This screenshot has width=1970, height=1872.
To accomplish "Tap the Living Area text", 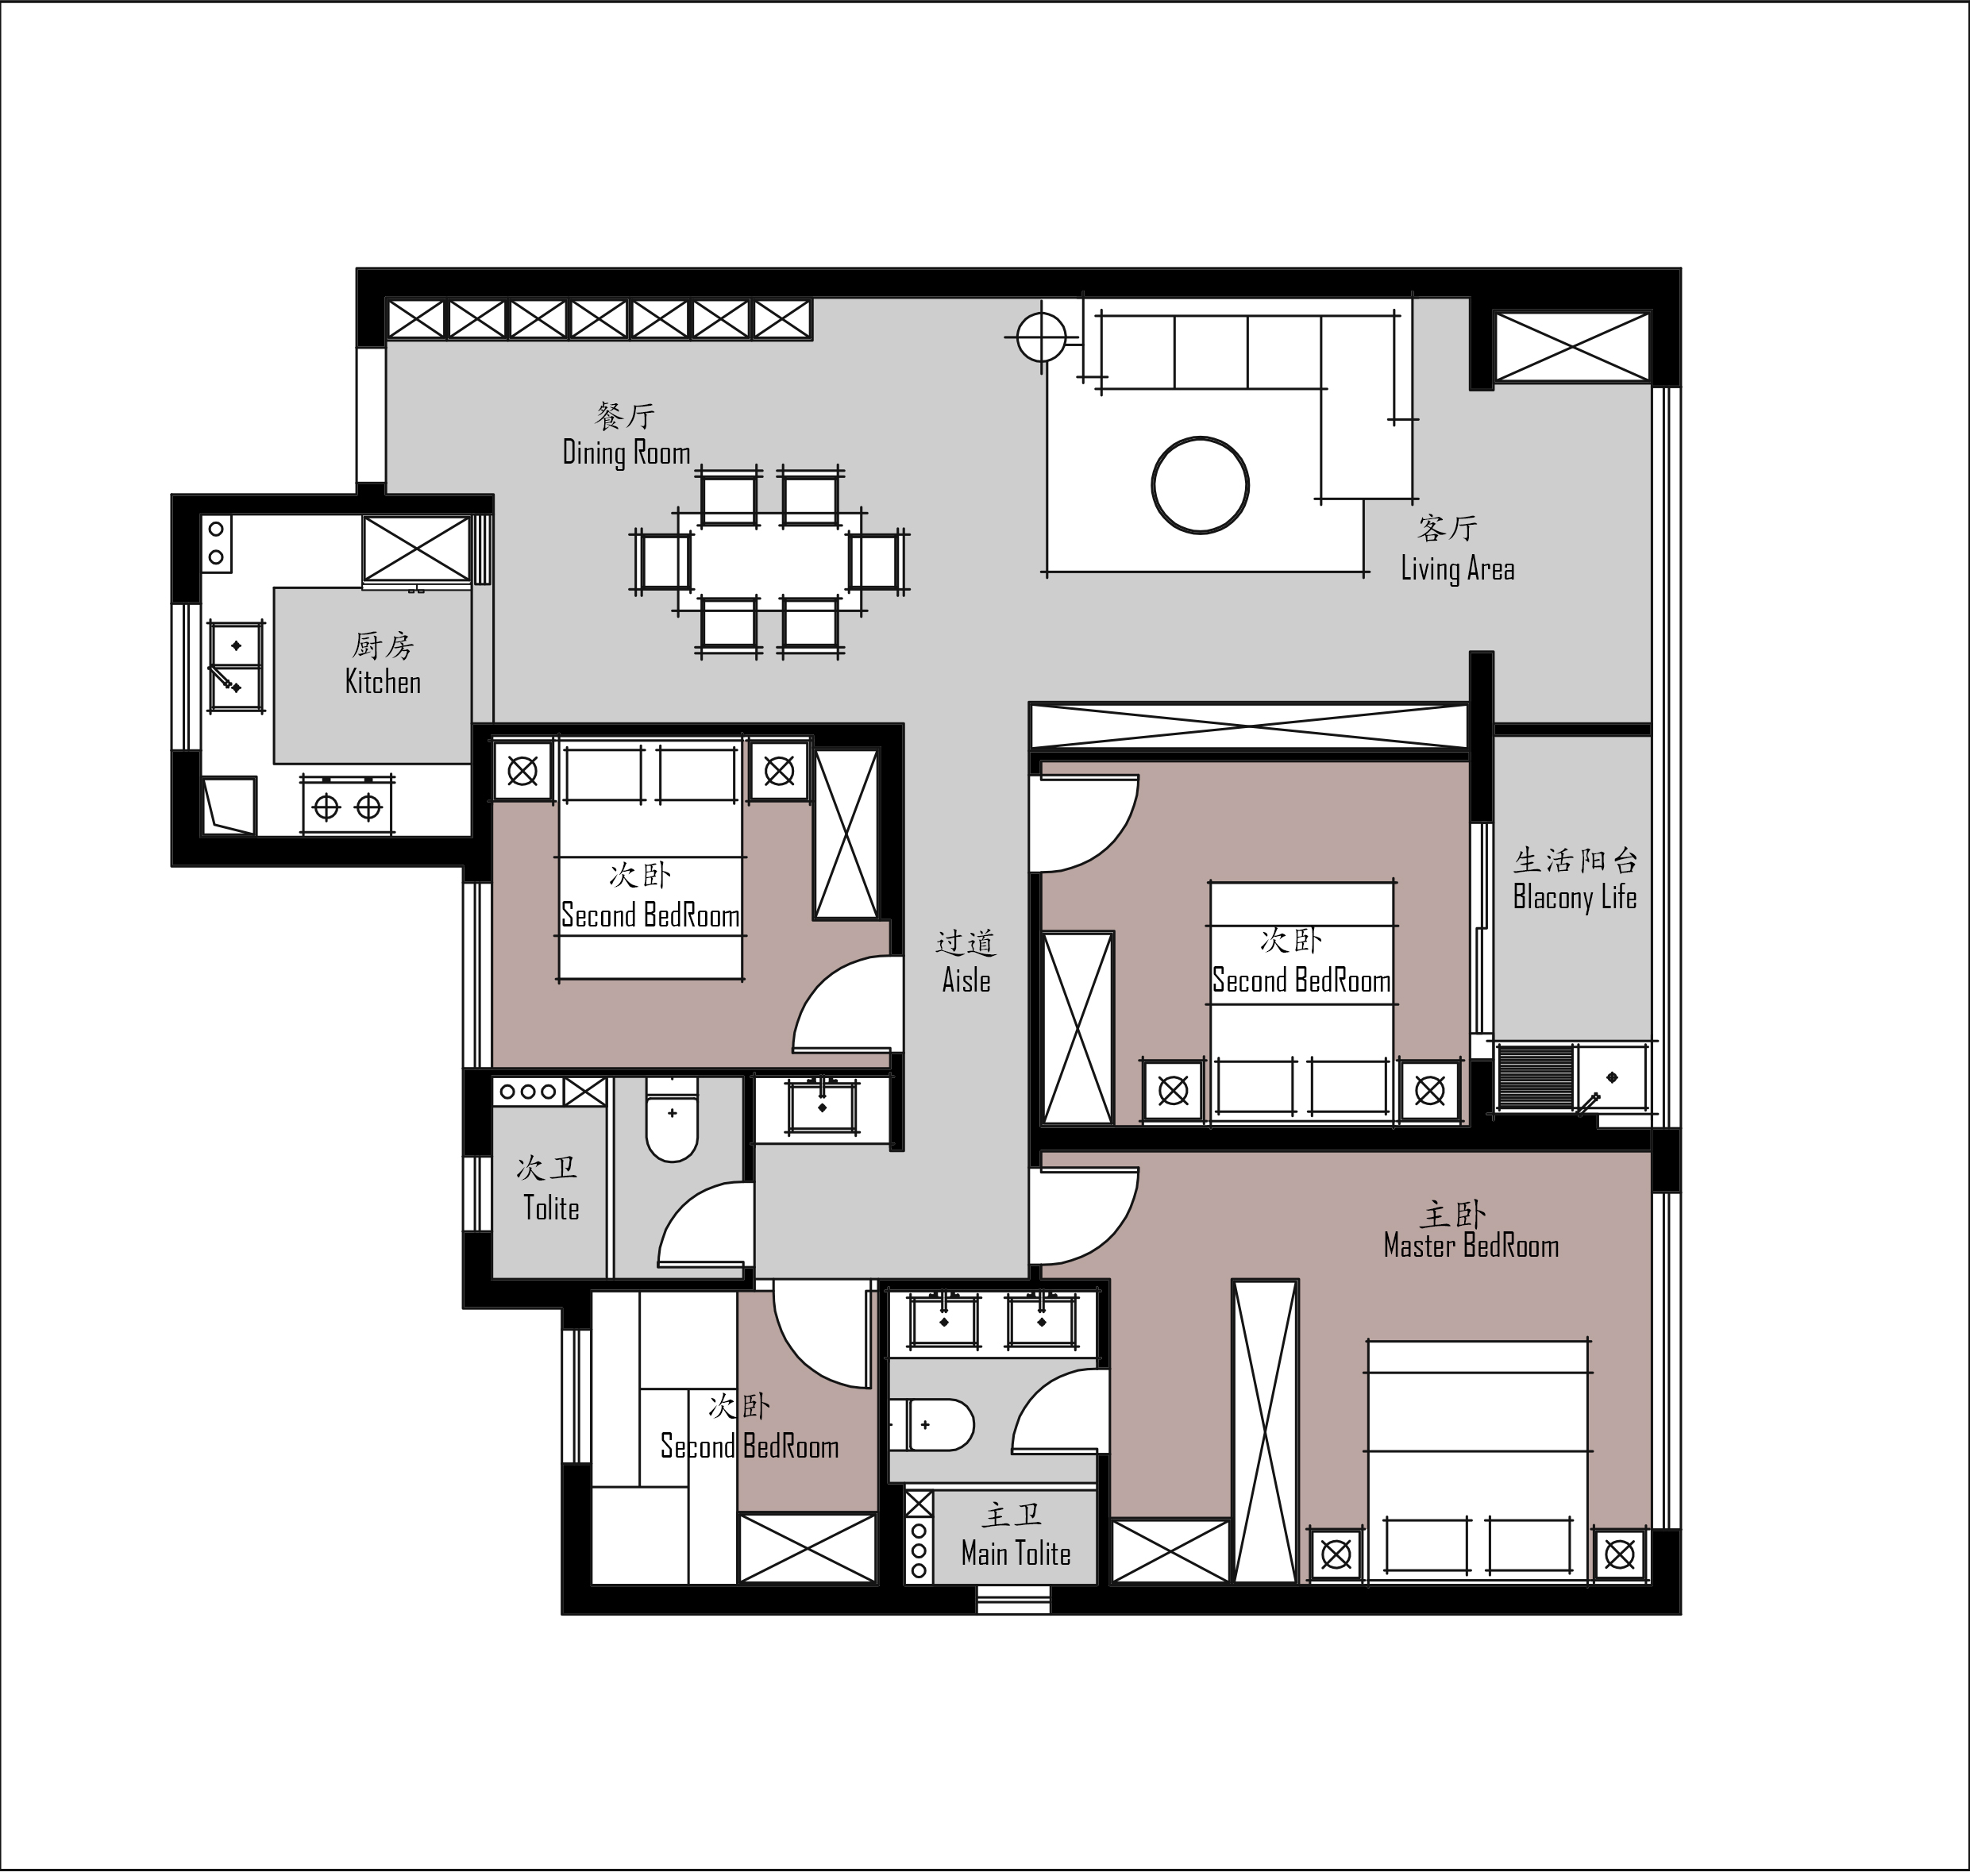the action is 1457,568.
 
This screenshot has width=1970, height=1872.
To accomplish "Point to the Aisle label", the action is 966,980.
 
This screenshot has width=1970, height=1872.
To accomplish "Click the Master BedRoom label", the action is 1471,1246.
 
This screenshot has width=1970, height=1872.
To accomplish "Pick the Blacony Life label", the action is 1575,897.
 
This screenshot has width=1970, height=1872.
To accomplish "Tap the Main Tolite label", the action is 1016,1553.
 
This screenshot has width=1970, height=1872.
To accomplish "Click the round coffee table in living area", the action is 1201,486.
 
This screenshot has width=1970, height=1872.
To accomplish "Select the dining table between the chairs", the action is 769,562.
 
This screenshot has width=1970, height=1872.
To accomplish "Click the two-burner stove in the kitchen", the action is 347,805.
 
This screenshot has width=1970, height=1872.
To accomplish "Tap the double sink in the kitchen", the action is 236,665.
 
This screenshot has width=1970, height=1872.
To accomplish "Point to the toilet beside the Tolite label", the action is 672,1119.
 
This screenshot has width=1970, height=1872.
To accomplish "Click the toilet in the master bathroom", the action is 930,1425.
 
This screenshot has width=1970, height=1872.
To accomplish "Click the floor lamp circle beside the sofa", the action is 1041,337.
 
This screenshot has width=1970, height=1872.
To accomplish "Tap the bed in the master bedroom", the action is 1478,1462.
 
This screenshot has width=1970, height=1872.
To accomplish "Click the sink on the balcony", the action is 1611,1077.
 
